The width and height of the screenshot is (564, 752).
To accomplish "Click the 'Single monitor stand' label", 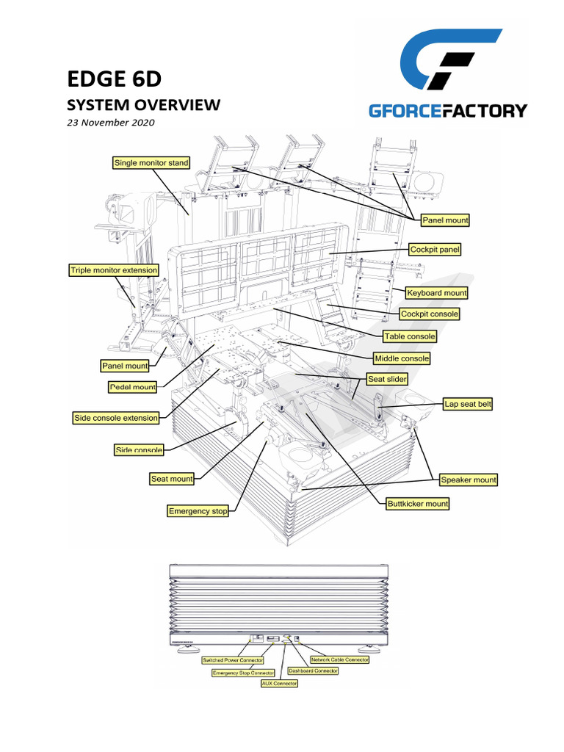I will (x=151, y=162).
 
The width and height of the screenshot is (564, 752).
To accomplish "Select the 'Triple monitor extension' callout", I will (x=114, y=270).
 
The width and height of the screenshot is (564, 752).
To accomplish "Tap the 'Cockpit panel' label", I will (x=435, y=250).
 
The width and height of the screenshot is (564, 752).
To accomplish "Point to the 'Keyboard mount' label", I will (x=437, y=293).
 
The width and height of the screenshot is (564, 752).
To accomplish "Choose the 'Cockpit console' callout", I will (x=430, y=314).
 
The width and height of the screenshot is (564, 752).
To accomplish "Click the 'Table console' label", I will (x=410, y=336).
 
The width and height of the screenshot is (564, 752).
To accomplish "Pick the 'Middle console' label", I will (x=402, y=358).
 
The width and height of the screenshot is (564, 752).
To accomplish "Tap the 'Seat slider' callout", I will (x=387, y=380).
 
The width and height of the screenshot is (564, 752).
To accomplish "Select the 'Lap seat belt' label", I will (x=468, y=404).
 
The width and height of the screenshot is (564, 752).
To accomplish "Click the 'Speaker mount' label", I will (x=469, y=480).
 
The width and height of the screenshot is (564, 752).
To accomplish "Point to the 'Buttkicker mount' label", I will (x=418, y=504).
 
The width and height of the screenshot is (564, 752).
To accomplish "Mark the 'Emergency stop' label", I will (x=198, y=511).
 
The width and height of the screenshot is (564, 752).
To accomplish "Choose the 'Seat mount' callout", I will (x=172, y=479).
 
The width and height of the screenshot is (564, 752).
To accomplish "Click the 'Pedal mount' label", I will (x=133, y=387).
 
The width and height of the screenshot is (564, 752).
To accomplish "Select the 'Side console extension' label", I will (x=116, y=418).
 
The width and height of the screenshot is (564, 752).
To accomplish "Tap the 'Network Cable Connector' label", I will (x=340, y=659).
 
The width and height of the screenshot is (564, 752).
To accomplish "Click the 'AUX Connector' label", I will (x=280, y=684).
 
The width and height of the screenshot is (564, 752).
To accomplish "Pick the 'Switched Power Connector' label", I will (x=233, y=660).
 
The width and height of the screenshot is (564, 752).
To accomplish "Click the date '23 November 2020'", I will (x=111, y=123).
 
